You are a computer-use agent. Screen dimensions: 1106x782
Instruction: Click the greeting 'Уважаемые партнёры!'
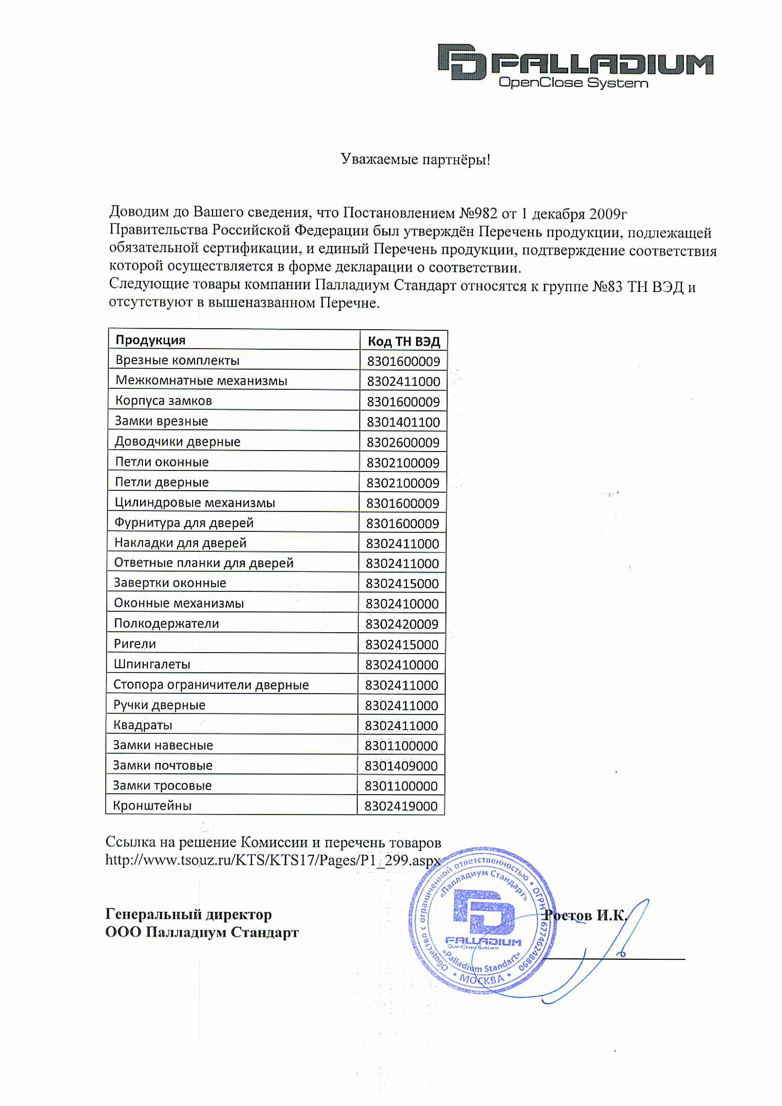[415, 159]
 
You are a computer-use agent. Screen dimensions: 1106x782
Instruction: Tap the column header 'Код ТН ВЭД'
[403, 341]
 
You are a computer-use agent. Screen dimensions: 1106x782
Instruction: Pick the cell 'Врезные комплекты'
[177, 360]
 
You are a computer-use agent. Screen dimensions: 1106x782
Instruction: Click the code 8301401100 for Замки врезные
[403, 422]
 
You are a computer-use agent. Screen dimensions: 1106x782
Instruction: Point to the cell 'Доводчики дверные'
[177, 442]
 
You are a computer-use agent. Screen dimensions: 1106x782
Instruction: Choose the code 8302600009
[403, 442]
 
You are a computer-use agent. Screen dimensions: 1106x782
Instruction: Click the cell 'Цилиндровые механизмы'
[195, 503]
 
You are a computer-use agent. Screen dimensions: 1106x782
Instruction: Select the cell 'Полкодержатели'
[166, 624]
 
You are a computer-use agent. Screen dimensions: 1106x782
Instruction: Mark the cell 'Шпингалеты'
[152, 665]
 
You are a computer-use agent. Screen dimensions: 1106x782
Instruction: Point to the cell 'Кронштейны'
[152, 806]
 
